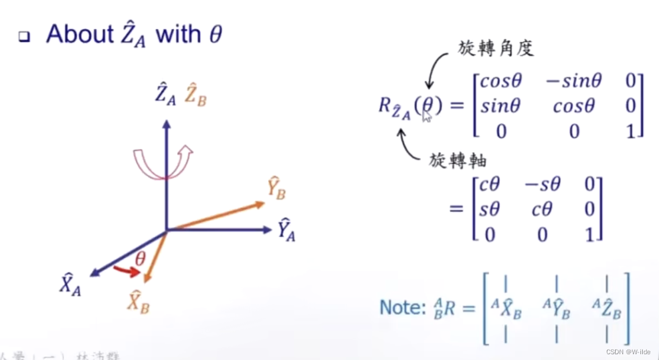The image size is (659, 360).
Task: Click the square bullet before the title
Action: pyautogui.click(x=24, y=37)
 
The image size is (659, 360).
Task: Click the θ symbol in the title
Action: pyautogui.click(x=214, y=35)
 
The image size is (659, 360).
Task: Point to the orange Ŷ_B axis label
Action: pyautogui.click(x=276, y=189)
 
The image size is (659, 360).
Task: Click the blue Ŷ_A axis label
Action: pyautogui.click(x=285, y=230)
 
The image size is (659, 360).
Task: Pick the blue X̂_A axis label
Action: pyautogui.click(x=70, y=285)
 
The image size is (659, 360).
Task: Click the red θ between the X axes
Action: pyautogui.click(x=140, y=259)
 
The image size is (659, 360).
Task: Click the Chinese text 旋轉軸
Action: pyautogui.click(x=457, y=160)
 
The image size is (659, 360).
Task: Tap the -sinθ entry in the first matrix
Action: pyautogui.click(x=573, y=81)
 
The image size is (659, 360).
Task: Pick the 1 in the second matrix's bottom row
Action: pyautogui.click(x=590, y=234)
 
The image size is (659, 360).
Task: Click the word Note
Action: pyautogui.click(x=401, y=307)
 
